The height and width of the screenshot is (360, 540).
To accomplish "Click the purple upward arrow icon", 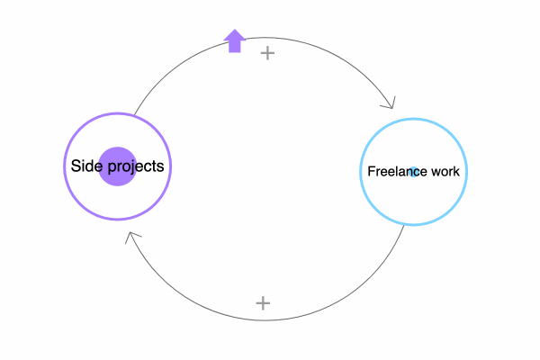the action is [x=235, y=41].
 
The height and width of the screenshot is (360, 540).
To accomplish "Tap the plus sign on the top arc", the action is [x=267, y=53].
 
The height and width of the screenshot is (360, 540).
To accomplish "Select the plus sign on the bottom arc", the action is [x=263, y=303].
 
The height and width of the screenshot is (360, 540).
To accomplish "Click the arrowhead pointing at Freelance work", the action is [x=390, y=103].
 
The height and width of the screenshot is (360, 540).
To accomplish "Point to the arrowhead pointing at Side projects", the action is [x=132, y=237].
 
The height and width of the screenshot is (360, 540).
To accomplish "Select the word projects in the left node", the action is [x=136, y=167].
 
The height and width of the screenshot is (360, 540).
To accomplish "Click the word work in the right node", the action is [x=445, y=171].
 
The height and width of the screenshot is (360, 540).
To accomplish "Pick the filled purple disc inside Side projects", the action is [x=117, y=166].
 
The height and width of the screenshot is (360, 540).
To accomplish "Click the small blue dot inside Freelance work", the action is [x=414, y=172].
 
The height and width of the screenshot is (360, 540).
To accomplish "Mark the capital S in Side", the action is [x=76, y=166].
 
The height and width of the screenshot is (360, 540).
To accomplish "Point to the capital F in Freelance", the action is [x=371, y=171].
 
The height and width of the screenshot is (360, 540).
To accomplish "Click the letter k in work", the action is [x=456, y=171].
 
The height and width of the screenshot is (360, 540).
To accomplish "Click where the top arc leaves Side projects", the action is [x=134, y=115].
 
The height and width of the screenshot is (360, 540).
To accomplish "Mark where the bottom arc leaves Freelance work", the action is [x=403, y=225].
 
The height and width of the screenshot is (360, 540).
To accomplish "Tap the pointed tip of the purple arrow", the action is [x=235, y=30].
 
